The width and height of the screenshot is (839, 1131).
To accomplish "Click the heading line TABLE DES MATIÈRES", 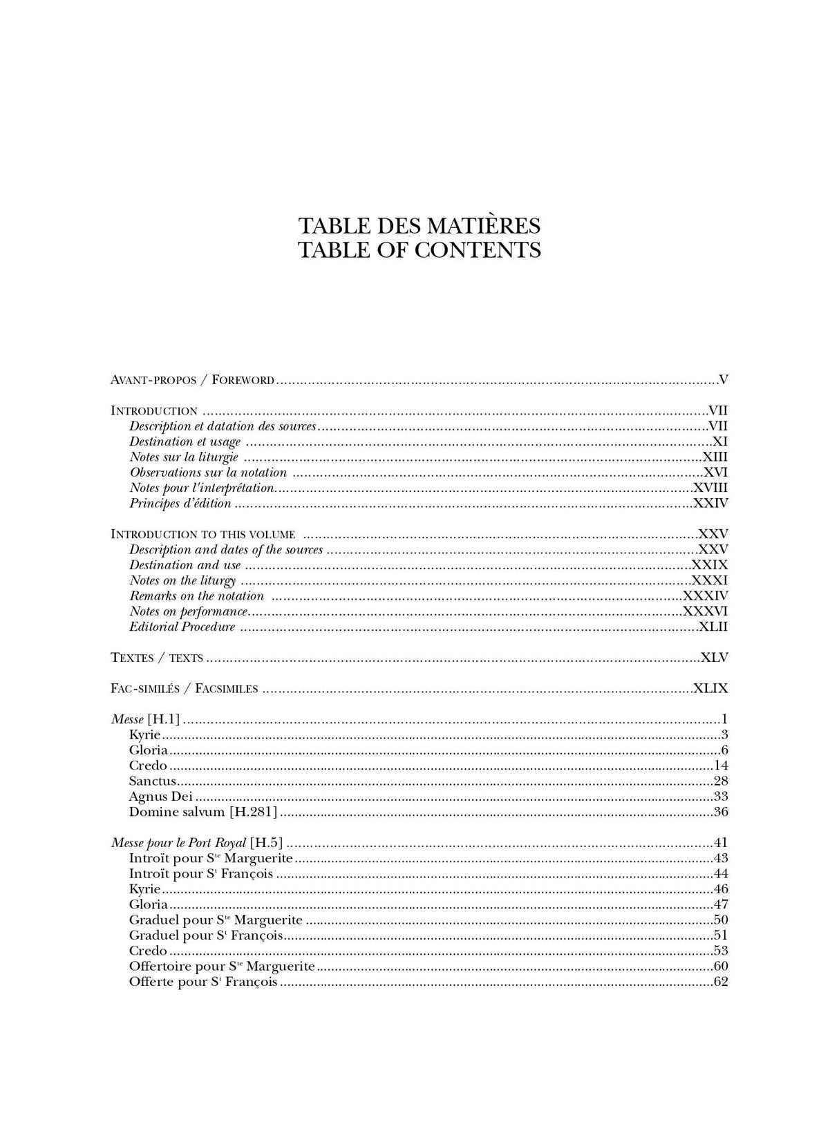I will click(x=419, y=226).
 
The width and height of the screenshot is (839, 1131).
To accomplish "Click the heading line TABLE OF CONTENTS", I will click(x=419, y=249).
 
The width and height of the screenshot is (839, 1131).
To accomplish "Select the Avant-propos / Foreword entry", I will click(x=193, y=379).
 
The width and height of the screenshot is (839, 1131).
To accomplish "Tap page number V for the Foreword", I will click(x=723, y=379).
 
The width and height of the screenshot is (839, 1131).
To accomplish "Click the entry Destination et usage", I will click(x=185, y=441).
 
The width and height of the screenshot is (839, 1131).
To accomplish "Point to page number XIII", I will click(x=715, y=457).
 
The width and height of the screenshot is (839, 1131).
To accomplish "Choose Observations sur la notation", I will click(x=208, y=473).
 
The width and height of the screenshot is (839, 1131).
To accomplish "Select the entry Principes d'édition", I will click(x=180, y=503).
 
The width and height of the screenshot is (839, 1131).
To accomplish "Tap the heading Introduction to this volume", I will click(x=203, y=534).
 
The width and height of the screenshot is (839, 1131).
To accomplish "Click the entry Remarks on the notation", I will click(x=197, y=596).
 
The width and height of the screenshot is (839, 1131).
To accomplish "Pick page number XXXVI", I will click(x=705, y=611).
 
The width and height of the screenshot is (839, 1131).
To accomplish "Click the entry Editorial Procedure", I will click(x=182, y=627).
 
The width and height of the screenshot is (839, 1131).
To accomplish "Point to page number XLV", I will click(x=714, y=658).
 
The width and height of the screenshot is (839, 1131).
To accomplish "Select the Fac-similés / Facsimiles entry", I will click(x=185, y=688).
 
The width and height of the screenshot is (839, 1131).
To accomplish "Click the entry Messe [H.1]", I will click(x=145, y=719).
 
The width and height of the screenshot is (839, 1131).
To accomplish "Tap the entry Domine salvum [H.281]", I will click(x=202, y=812).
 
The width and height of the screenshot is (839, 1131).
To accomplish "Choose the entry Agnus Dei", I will click(x=160, y=797).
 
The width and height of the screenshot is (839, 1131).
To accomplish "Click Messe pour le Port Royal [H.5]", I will click(x=197, y=843).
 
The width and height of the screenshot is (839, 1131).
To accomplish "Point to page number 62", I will click(x=720, y=982).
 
